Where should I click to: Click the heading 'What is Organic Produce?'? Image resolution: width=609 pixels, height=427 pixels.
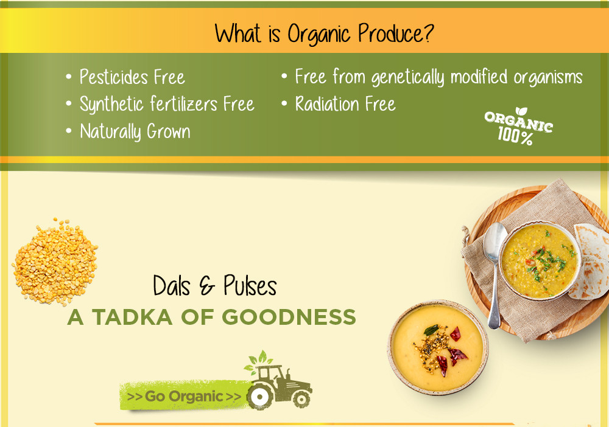324,33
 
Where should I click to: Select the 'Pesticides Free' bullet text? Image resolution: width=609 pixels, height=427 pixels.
132,77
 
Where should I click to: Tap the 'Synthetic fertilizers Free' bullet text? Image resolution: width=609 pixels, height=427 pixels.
167,104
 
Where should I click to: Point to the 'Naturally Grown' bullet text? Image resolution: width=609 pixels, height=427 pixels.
135,131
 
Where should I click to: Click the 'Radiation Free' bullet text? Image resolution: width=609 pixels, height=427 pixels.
345,103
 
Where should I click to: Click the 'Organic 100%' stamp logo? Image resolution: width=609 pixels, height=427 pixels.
518,127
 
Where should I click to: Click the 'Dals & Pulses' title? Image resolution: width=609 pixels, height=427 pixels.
215,286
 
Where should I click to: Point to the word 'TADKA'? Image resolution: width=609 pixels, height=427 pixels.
132,317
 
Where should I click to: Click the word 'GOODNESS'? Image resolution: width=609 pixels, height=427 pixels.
289,317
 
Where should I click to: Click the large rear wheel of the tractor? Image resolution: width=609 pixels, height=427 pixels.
260,397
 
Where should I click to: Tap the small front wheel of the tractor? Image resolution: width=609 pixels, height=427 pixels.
301,398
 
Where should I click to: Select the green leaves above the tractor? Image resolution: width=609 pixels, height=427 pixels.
259,359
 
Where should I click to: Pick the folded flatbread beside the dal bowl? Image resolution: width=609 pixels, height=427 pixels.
590,262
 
